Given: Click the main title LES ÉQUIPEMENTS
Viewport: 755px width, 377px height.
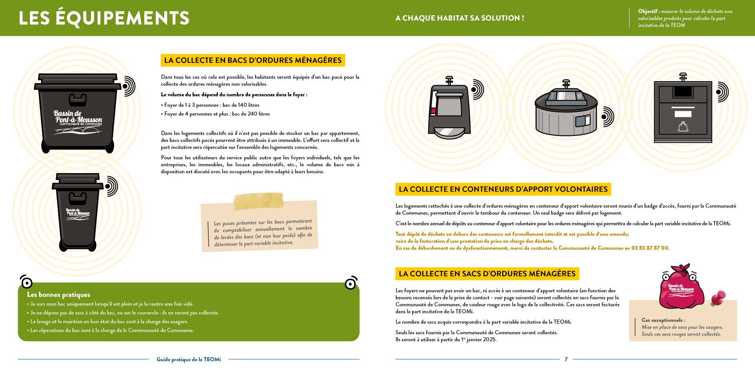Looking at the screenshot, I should click(x=104, y=18).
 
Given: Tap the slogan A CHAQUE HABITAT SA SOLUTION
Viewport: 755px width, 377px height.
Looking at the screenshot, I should click(x=459, y=18).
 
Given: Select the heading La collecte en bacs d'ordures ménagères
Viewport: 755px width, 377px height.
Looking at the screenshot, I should click(x=253, y=60).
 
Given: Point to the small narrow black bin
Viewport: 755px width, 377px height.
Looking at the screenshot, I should click(x=78, y=212).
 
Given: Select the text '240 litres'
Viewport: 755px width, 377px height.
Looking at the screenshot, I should click(x=259, y=114).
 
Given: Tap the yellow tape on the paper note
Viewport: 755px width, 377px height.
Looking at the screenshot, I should click(x=258, y=201).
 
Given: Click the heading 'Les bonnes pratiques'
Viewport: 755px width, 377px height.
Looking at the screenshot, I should click(x=59, y=295).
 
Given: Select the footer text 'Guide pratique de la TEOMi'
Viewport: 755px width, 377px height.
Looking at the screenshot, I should click(x=189, y=359).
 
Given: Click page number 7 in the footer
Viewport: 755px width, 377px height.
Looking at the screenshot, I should click(x=566, y=359).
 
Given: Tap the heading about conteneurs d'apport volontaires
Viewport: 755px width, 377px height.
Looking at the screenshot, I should click(x=503, y=189).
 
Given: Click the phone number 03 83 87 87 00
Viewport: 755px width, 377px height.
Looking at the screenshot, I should click(x=650, y=248).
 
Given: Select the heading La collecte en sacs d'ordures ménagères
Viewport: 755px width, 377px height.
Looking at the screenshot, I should click(x=487, y=274).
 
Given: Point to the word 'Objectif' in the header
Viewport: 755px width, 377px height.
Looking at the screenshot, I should click(x=647, y=11).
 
